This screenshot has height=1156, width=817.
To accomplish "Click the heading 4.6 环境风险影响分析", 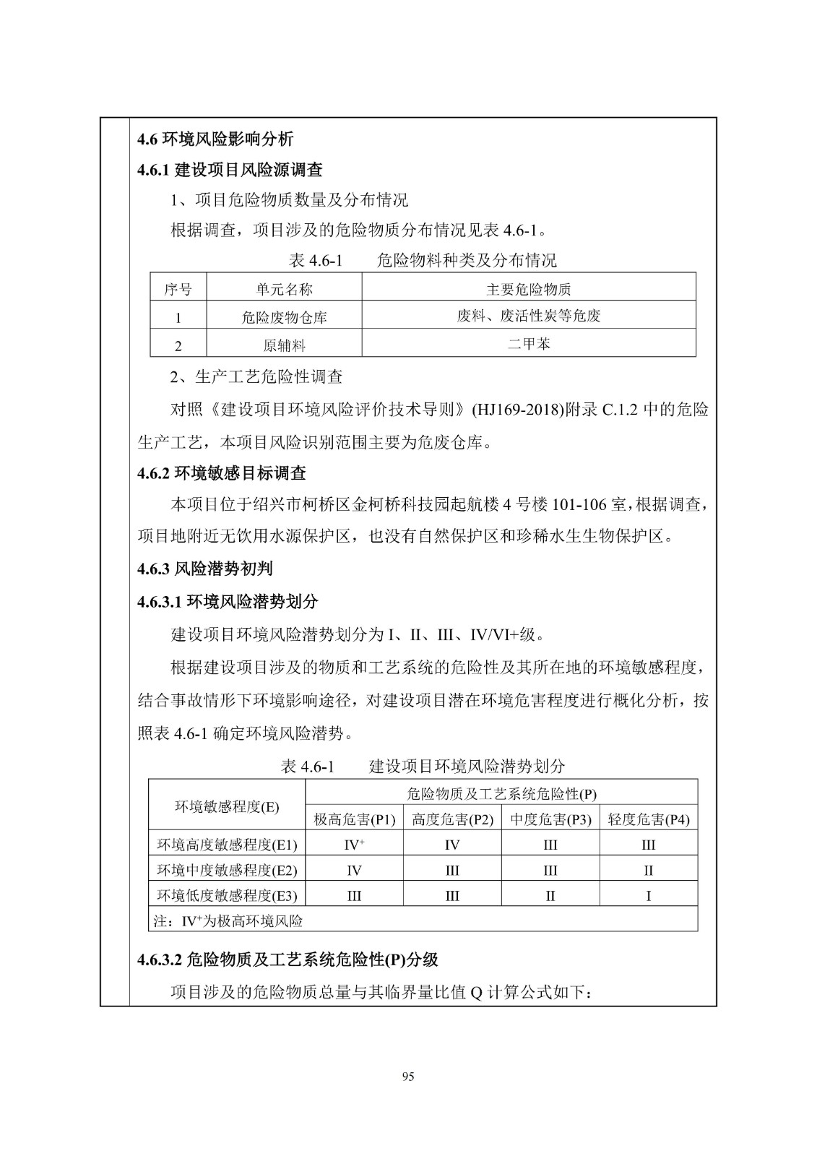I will click(215, 139).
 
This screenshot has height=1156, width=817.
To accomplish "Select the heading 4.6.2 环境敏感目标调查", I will click(222, 473).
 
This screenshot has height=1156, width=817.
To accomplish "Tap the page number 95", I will click(408, 1077).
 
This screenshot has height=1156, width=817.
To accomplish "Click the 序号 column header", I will click(178, 290).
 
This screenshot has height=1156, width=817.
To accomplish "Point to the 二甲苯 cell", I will click(528, 344).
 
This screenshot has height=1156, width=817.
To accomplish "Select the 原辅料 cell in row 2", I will click(284, 345).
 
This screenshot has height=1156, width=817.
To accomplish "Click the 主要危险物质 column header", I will click(528, 290).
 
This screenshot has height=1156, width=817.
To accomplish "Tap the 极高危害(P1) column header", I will click(354, 819).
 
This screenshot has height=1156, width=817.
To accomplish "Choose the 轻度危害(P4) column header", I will click(648, 819).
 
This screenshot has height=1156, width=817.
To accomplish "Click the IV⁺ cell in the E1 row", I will click(354, 845).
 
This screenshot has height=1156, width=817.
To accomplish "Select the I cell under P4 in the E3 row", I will click(648, 896).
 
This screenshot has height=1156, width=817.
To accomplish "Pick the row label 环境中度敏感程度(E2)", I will click(227, 870).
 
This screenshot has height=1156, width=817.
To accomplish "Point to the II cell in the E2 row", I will click(648, 870).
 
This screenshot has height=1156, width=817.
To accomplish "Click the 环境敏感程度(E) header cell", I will click(227, 806).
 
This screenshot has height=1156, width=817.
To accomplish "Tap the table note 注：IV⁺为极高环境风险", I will click(228, 920).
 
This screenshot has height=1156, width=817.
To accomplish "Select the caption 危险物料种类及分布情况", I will click(467, 260).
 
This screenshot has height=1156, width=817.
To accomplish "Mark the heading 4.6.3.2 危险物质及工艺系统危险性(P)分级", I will click(288, 959).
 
